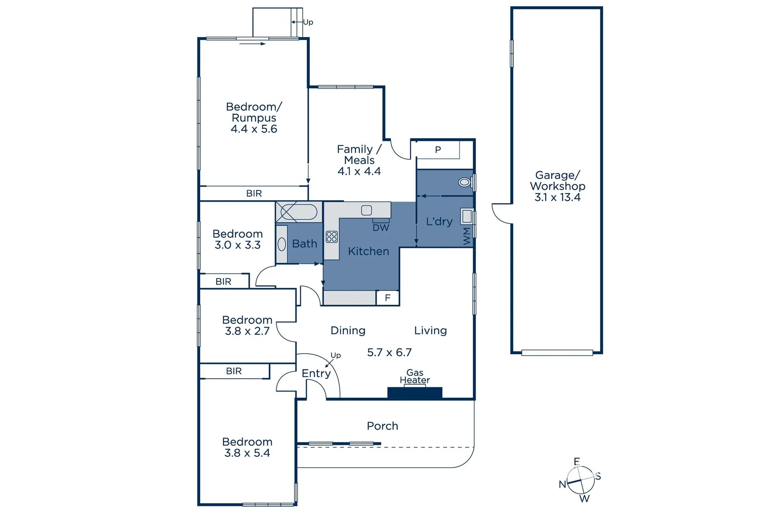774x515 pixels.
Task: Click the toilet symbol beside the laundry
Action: [465, 182]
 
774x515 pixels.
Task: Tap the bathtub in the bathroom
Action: [298, 212]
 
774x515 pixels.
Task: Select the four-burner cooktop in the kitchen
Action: [332, 237]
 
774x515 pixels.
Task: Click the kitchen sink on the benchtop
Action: [366, 210]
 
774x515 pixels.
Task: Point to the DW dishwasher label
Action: [381, 228]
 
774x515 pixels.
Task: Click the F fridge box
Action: [387, 298]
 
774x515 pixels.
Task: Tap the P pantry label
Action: [438, 150]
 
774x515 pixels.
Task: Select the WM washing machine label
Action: [467, 237]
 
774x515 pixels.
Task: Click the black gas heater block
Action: [415, 393]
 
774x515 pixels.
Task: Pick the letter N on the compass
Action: [562, 484]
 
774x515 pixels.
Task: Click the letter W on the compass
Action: [584, 498]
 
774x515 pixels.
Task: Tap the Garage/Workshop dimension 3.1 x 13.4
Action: [557, 197]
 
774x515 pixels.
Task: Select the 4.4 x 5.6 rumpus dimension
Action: [254, 129]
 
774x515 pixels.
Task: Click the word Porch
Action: [382, 426]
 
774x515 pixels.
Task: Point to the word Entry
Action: [316, 374]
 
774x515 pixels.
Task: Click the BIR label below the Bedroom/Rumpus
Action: [254, 194]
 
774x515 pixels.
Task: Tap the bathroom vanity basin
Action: [282, 244]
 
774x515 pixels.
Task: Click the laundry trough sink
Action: [467, 216]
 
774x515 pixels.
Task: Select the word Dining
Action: [348, 331]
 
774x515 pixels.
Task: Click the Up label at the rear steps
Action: [308, 22]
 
